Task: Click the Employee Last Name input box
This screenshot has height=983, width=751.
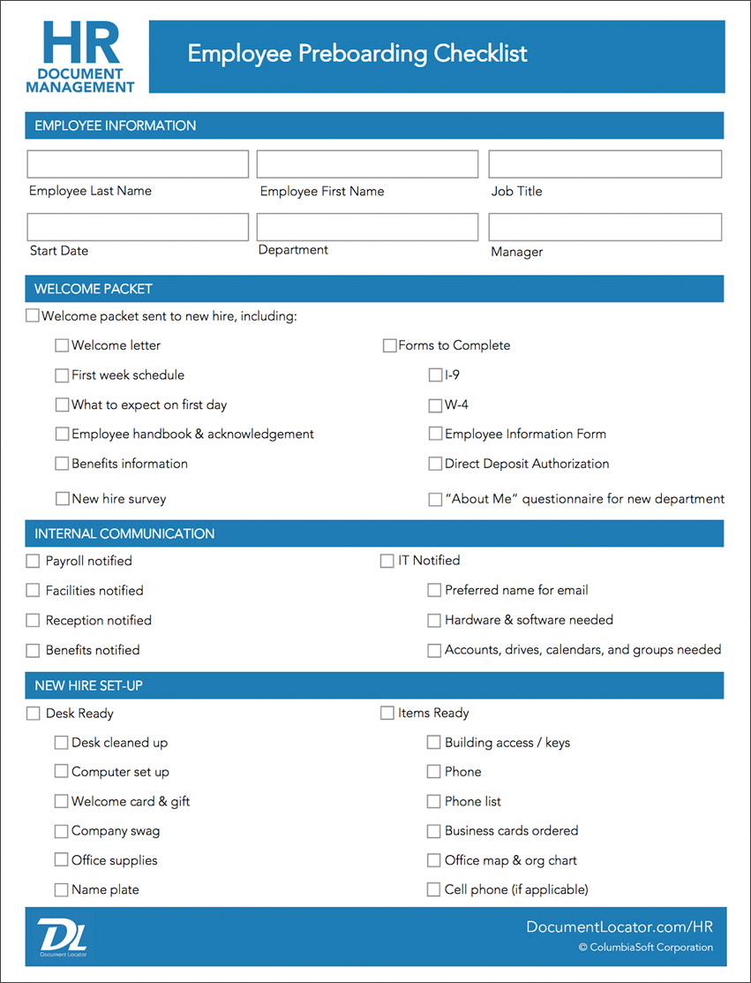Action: pyautogui.click(x=138, y=164)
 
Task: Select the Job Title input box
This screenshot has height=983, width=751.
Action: pyautogui.click(x=605, y=164)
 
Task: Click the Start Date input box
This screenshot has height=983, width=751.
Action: pyautogui.click(x=138, y=227)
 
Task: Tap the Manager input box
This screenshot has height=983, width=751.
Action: pyautogui.click(x=605, y=227)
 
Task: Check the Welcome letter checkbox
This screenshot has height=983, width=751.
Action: pyautogui.click(x=62, y=345)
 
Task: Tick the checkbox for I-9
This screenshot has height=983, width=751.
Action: pyautogui.click(x=435, y=375)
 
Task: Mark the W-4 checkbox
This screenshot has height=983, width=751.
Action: pyautogui.click(x=435, y=405)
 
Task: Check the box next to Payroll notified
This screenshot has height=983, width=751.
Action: pyautogui.click(x=34, y=561)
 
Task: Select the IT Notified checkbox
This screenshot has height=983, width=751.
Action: pyautogui.click(x=387, y=561)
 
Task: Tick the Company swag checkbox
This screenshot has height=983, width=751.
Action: pyautogui.click(x=62, y=831)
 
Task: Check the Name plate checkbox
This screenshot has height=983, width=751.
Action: pyautogui.click(x=62, y=889)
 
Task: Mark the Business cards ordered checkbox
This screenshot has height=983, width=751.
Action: pyautogui.click(x=433, y=831)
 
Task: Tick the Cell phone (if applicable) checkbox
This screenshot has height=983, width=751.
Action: pyautogui.click(x=433, y=889)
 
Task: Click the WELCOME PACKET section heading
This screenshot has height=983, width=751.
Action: pyautogui.click(x=94, y=289)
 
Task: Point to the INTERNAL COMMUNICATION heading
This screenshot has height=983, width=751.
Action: pyautogui.click(x=124, y=533)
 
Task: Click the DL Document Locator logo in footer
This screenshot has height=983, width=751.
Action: pyautogui.click(x=61, y=936)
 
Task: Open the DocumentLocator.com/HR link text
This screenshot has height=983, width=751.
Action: pyautogui.click(x=620, y=926)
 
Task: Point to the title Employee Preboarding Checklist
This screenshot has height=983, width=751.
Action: pyautogui.click(x=357, y=54)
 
